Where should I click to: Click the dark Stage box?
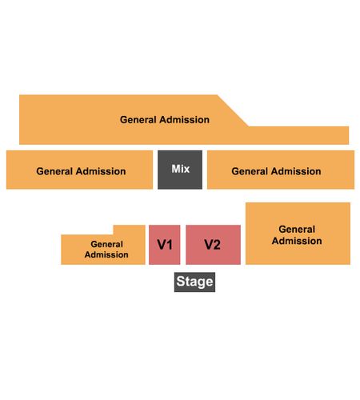click(194, 282)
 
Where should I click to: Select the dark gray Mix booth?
click(180, 170)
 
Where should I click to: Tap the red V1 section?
click(164, 245)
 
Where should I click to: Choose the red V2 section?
click(213, 245)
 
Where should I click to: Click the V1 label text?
click(165, 245)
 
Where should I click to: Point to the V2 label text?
click(212, 245)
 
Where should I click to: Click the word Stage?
click(194, 282)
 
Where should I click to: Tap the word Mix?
click(181, 169)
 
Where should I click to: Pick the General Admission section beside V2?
click(298, 234)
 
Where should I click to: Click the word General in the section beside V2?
click(297, 229)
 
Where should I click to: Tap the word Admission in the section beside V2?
click(297, 241)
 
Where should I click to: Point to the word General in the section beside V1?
click(106, 244)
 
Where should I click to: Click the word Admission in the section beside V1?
click(106, 254)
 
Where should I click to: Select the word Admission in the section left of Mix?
click(101, 171)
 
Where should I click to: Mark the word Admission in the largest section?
click(184, 120)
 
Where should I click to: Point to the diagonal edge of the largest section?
click(233, 110)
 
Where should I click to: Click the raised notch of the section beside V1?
click(130, 230)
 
